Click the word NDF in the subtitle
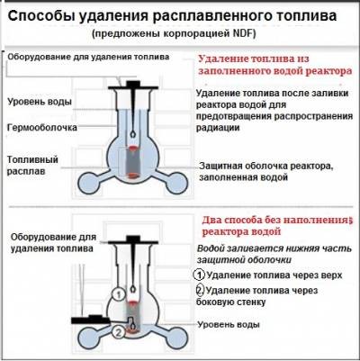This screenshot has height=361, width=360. (x=242, y=33)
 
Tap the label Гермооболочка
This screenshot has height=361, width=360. (x=42, y=128)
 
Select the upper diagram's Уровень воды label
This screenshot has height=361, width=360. (x=40, y=102)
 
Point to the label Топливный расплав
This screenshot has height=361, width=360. (x=32, y=165)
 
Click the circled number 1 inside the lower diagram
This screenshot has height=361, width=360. (x=119, y=294)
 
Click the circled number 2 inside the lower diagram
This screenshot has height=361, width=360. (x=119, y=332)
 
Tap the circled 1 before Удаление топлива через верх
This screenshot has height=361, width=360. (x=199, y=275)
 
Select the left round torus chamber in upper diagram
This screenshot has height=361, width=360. (x=89, y=183)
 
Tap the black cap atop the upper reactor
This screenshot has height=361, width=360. (x=133, y=86)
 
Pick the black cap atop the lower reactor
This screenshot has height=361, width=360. (x=133, y=240)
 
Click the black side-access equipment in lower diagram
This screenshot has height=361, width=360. (x=91, y=319)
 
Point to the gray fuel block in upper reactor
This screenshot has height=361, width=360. (x=132, y=162)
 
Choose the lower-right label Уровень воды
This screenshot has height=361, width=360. (x=229, y=324)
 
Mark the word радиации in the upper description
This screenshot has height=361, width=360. (x=218, y=128)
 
